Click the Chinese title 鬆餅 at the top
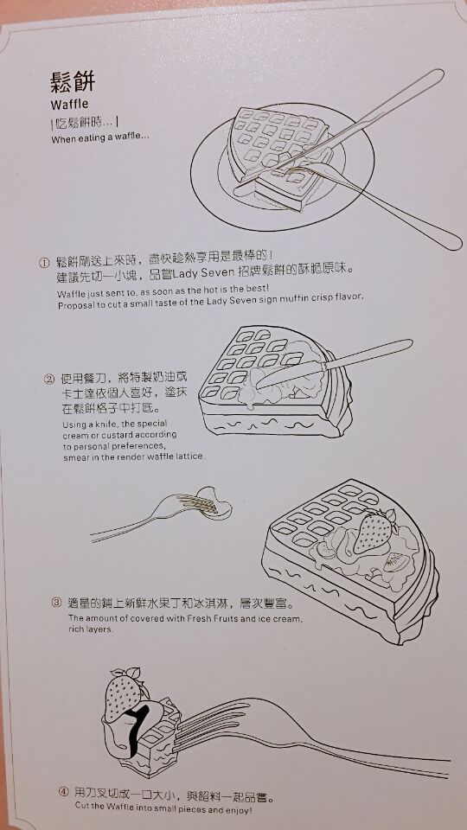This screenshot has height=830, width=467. pos(73,83)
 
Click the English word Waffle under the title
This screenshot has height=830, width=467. pos(69,104)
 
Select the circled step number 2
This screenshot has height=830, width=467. pos(49,379)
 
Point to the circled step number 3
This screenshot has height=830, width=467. pos(57,603)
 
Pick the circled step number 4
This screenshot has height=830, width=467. pos(63,793)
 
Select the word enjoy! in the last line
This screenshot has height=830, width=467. pos(240,810)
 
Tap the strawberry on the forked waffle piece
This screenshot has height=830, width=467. pos(124,694)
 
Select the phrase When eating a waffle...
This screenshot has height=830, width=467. pos(100,139)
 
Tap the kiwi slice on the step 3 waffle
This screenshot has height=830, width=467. pos(398,562)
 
